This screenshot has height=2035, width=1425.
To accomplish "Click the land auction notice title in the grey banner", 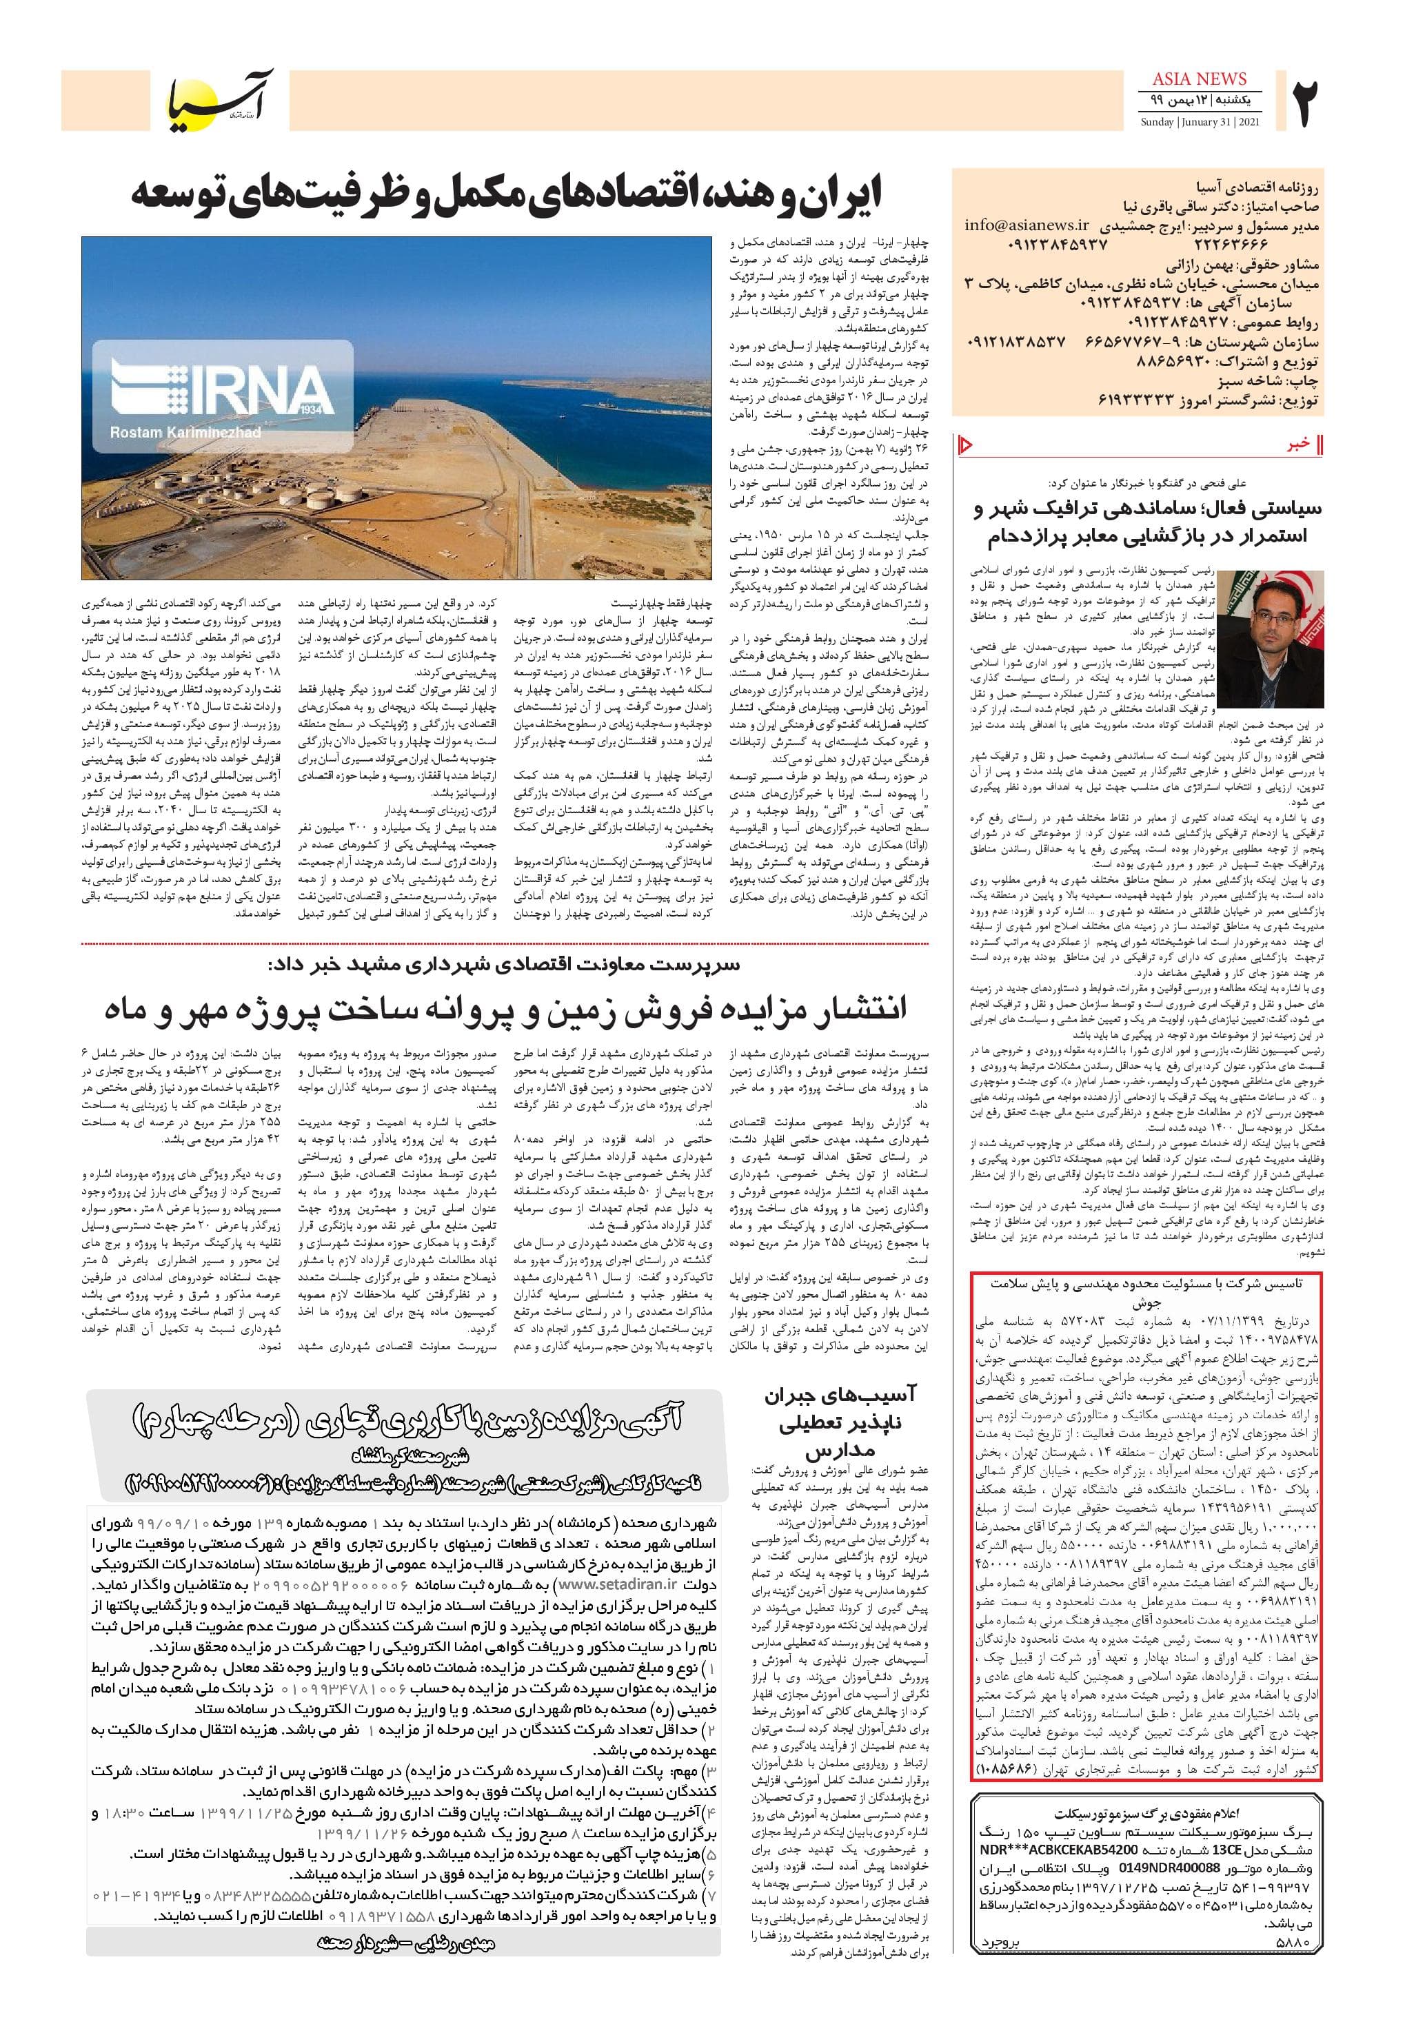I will point(406,1418).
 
